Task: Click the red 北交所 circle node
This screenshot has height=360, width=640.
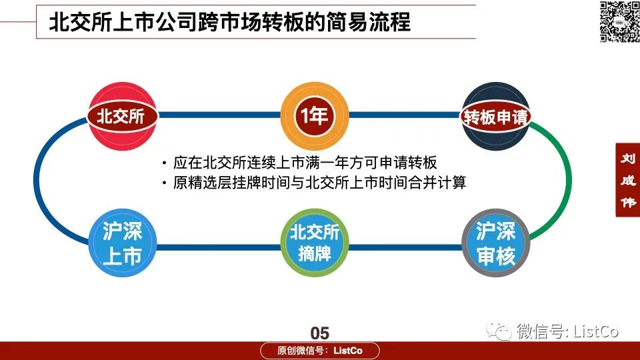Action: click(122, 116)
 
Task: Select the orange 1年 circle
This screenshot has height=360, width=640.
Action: click(314, 116)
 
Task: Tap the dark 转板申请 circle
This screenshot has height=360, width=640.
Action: click(495, 116)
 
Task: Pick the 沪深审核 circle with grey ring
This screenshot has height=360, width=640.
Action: click(496, 243)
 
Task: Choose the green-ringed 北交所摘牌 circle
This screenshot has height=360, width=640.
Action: click(314, 243)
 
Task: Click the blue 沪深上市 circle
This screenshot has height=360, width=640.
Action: click(123, 243)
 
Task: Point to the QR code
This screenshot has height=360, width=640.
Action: click(619, 21)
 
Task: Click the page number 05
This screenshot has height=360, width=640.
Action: click(319, 333)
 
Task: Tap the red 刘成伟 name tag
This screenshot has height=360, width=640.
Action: click(628, 179)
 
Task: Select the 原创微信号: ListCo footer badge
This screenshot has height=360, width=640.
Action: click(320, 351)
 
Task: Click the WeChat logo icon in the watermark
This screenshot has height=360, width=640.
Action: click(499, 331)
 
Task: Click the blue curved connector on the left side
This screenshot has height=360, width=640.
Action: click(36, 179)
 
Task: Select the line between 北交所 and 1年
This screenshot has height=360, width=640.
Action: click(219, 115)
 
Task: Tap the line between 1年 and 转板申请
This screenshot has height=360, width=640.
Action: click(405, 115)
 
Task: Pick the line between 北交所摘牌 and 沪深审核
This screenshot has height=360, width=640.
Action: click(405, 247)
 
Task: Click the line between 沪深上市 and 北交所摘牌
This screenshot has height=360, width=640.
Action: click(219, 247)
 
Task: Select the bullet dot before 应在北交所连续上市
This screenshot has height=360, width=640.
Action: click(164, 163)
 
